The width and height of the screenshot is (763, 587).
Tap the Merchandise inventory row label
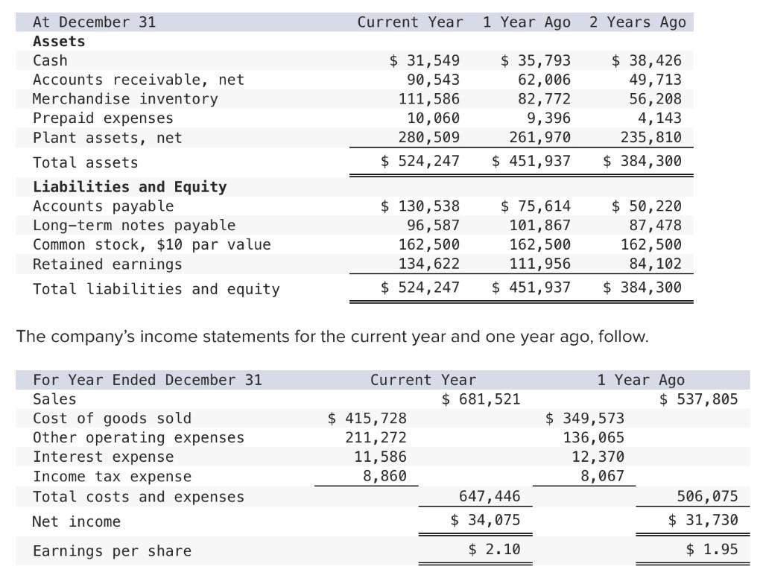125,99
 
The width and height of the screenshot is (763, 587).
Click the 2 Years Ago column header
637,22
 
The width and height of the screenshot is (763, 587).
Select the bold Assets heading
59,42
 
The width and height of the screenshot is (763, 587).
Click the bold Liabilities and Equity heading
130,187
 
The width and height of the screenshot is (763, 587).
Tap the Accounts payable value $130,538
420,206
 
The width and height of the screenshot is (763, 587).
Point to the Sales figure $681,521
481,399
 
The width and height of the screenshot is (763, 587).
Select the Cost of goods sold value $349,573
585,419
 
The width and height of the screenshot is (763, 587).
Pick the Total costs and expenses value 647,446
490,497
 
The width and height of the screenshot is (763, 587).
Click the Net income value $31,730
703,521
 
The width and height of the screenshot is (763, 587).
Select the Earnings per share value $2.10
494,550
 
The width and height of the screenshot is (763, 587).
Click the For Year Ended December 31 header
148,380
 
